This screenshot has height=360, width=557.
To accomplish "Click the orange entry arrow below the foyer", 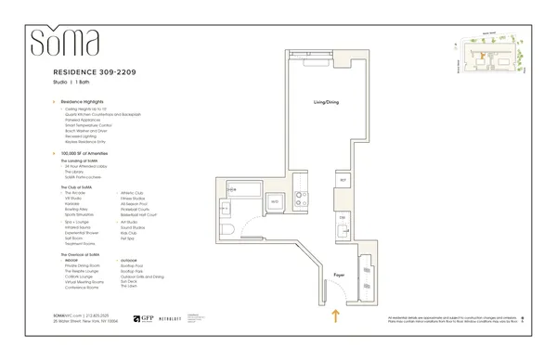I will pyautogui.click(x=333, y=317).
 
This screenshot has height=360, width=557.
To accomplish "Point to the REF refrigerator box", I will pyautogui.click(x=343, y=179).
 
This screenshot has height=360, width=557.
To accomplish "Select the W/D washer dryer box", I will pyautogui.click(x=274, y=199).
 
